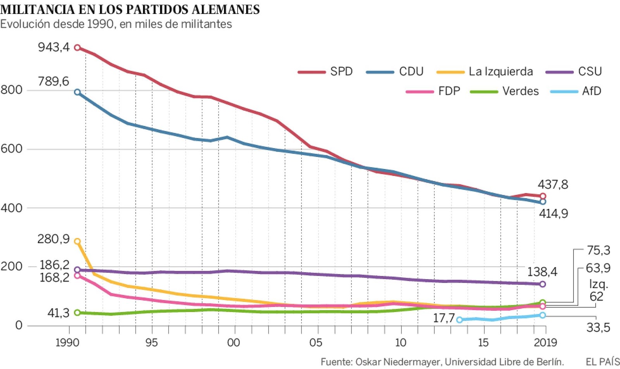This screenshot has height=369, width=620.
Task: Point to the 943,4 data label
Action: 53,47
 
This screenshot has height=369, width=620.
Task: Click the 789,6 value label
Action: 53,81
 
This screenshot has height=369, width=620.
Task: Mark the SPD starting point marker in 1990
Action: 77,48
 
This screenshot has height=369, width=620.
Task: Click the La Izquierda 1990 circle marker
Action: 77,241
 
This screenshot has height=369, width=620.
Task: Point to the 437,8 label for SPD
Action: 553,184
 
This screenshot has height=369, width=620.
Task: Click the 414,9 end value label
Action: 553,213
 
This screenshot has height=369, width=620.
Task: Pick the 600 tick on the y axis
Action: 11,149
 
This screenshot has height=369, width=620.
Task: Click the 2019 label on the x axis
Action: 545,343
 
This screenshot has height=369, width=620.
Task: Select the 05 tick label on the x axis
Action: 315,343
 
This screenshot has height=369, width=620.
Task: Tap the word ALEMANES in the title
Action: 226,9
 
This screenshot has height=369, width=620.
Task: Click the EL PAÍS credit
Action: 603,362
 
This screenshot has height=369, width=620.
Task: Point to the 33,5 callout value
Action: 598,328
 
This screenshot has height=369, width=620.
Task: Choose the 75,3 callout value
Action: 598,250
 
